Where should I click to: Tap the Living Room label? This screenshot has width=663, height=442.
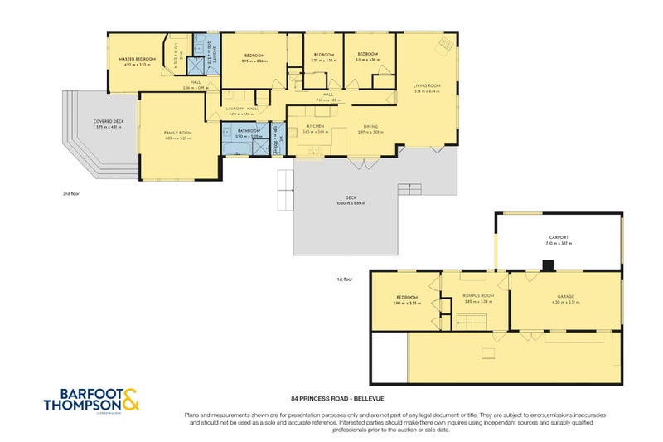point(427,85)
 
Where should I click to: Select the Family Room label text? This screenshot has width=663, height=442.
point(179,133)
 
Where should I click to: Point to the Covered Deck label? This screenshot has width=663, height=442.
point(109,122)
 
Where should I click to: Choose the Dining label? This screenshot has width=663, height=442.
point(370,126)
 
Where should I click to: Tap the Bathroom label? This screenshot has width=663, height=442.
point(249,130)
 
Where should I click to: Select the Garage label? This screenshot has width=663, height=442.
point(566,296)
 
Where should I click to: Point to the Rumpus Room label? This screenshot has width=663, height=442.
point(479,296)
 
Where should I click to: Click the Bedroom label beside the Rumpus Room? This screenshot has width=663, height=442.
point(406,297)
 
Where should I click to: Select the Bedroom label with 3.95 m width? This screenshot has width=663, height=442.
point(253,56)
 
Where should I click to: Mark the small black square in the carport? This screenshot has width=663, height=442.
point(548,265)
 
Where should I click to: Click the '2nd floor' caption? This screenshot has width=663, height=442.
point(70,192)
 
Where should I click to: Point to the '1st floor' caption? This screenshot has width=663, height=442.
point(344,279)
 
